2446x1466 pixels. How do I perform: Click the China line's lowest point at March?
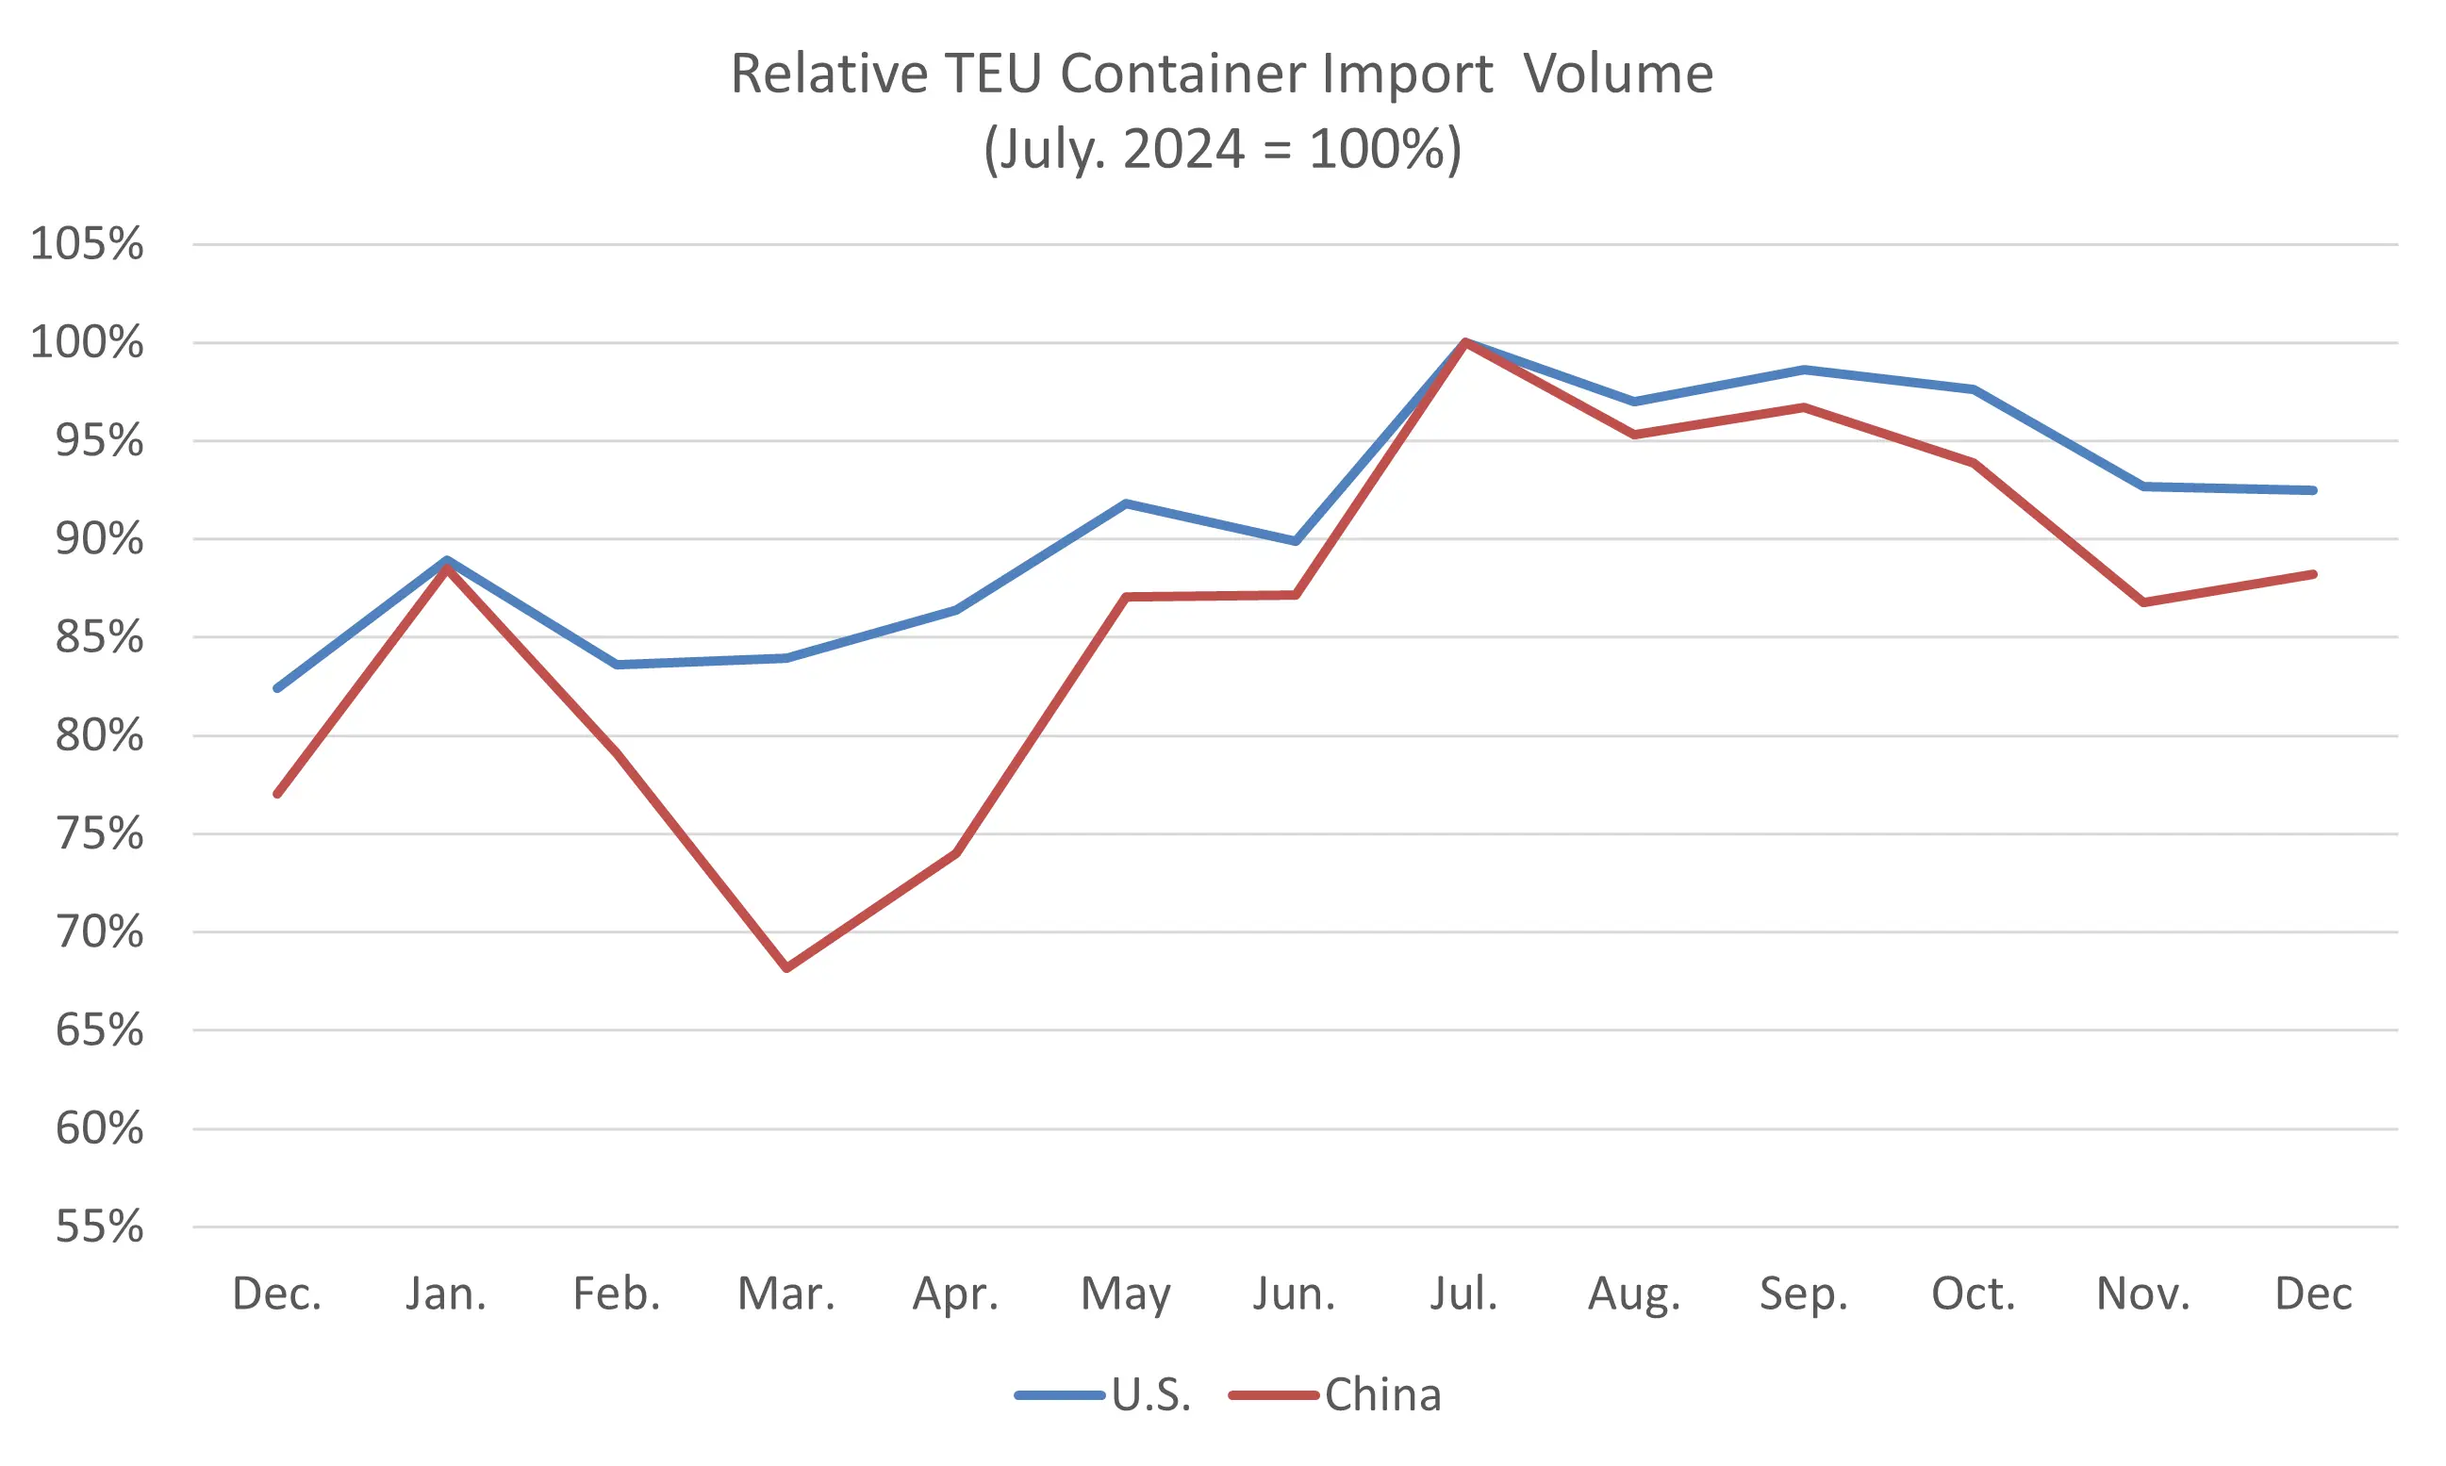pos(786,968)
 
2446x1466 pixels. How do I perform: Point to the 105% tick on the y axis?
pos(87,244)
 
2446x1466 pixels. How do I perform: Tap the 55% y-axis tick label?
pos(99,1227)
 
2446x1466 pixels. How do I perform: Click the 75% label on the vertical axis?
pos(99,833)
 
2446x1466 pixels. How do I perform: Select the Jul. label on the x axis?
pos(1464,1293)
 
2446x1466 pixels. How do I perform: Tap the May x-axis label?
pos(1125,1293)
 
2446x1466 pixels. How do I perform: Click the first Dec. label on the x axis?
pos(277,1293)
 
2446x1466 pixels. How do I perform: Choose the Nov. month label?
pos(2142,1293)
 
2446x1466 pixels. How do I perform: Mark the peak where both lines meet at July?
pos(1464,342)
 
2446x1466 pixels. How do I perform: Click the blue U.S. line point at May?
pos(1125,503)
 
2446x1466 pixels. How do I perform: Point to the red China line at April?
pos(956,852)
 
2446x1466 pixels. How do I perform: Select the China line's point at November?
pos(2142,601)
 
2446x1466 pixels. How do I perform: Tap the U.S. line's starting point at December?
pos(277,687)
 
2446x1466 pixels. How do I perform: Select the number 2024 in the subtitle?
pos(1182,149)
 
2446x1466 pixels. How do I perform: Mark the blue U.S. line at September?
pos(1804,370)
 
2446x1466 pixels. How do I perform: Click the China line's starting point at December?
pos(277,793)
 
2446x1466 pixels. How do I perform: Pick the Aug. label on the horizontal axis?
pos(1634,1293)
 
